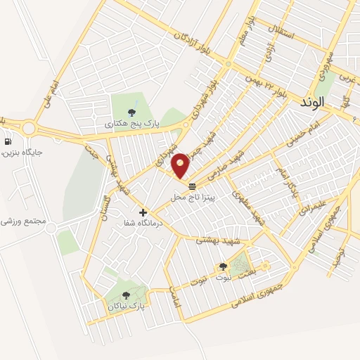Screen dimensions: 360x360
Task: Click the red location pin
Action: [181, 165]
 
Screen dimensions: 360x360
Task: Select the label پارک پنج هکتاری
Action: [132, 123]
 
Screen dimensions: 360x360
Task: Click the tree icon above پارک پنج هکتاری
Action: [132, 111]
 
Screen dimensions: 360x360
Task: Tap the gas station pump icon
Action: [6, 140]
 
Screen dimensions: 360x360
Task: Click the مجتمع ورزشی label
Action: [25, 221]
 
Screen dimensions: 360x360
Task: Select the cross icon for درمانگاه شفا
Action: [143, 212]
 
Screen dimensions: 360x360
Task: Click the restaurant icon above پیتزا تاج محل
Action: [193, 186]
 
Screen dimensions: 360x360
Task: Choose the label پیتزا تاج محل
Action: [197, 198]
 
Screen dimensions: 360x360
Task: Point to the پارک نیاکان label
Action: [128, 307]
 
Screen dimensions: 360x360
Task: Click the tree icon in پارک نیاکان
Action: [127, 296]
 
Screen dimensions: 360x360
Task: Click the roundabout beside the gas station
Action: [29, 129]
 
